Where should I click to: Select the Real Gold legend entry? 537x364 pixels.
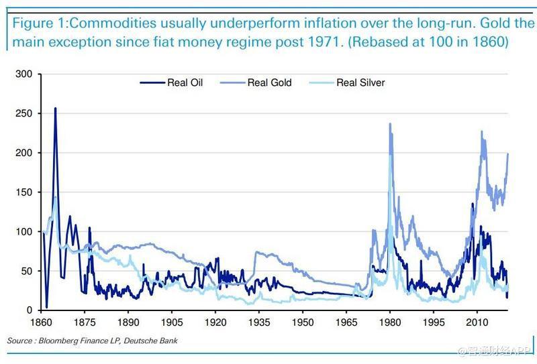[269, 83]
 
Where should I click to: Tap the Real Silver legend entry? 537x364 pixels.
[360, 83]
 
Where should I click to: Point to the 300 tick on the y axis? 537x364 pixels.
[24, 74]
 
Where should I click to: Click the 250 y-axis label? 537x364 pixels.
[24, 113]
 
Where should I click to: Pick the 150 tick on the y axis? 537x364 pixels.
[24, 192]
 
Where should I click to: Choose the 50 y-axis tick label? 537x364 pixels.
[27, 271]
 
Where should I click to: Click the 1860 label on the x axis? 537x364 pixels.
[42, 322]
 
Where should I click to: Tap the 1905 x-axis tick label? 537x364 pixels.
[172, 322]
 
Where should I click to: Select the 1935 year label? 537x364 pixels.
[259, 322]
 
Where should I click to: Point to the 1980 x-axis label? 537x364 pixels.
[389, 322]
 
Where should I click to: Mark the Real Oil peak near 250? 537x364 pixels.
[55, 109]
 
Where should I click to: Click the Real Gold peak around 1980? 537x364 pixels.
[389, 124]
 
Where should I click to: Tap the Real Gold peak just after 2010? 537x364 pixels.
[482, 132]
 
